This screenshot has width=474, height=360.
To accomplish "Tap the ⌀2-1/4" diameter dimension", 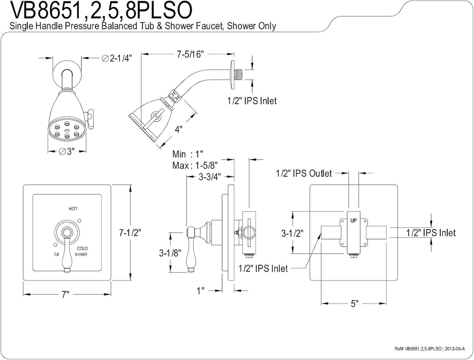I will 117,58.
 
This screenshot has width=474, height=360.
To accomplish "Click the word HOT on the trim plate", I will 73,209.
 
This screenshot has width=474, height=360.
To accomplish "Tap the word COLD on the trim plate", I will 82,248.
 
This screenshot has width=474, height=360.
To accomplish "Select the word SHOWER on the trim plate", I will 79,254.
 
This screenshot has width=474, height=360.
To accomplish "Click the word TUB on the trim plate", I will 56,254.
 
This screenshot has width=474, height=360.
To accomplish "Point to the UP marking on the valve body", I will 353,221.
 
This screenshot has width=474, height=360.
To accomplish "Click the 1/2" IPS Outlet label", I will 304,174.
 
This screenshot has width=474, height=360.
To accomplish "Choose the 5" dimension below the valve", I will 354,304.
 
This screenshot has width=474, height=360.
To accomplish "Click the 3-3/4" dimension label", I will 209,176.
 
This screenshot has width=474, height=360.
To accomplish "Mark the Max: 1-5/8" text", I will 195,165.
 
